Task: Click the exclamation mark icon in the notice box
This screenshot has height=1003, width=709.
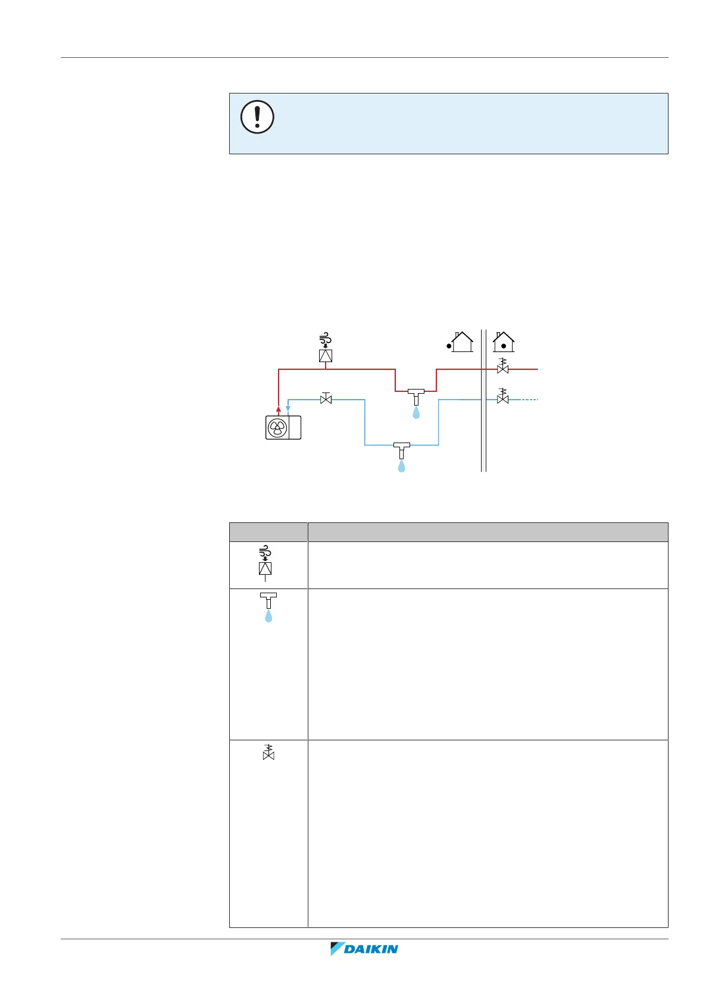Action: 257,117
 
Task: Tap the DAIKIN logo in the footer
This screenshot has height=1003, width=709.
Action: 364,949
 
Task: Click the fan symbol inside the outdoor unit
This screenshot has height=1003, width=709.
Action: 277,428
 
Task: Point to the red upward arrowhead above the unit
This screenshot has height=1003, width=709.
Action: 279,409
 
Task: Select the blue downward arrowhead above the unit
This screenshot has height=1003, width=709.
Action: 288,409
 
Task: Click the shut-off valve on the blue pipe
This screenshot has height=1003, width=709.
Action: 326,399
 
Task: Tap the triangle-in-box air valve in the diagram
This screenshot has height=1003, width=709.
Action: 326,356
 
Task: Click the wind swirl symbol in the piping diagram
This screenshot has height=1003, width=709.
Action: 325,341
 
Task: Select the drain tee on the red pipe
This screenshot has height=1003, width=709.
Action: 416,395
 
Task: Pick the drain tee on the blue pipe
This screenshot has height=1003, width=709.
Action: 401,448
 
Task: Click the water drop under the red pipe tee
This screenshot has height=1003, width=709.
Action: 416,412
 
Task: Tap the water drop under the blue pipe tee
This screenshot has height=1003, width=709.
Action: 401,466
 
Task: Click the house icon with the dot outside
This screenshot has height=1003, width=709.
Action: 460,342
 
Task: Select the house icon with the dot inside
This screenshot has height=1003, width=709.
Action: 504,342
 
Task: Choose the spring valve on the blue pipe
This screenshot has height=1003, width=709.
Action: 503,397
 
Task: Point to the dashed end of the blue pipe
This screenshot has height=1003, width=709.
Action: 529,400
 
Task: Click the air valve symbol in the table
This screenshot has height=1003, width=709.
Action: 266,563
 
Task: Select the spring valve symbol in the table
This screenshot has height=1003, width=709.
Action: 268,752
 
